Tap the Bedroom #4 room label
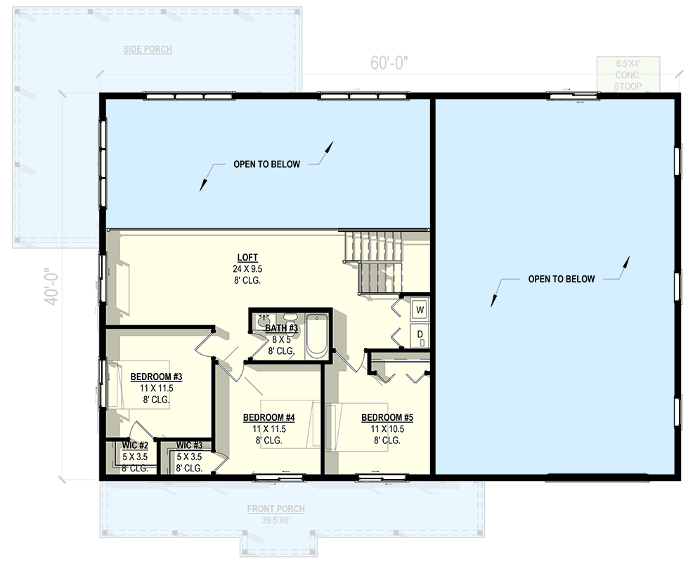(x=268, y=417)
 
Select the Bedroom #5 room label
(x=387, y=417)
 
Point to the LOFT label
(x=246, y=257)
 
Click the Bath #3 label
(x=282, y=328)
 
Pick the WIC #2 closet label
(x=134, y=445)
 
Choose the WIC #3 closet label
(x=189, y=445)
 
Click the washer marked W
(x=420, y=309)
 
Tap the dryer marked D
(x=420, y=334)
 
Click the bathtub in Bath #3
(x=318, y=336)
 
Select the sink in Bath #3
(x=264, y=320)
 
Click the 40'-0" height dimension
(x=51, y=287)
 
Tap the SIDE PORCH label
(x=148, y=49)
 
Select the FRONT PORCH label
(x=276, y=509)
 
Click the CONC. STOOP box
(x=628, y=74)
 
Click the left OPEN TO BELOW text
(x=266, y=164)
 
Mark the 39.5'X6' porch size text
(x=276, y=521)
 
